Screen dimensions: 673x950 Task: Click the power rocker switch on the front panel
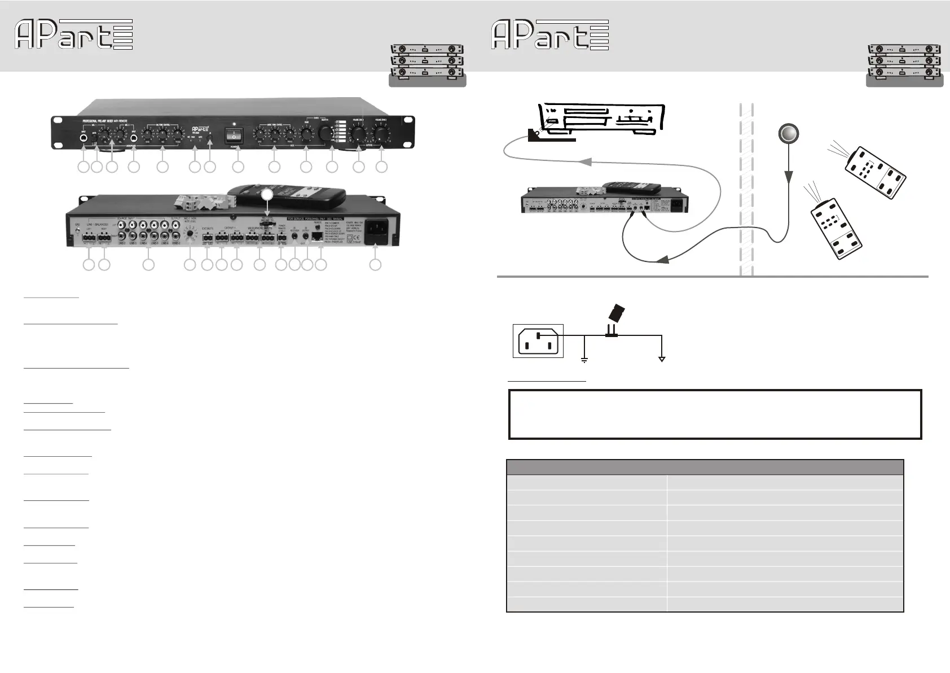pyautogui.click(x=233, y=135)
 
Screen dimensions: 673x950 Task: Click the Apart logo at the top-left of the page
pyautogui.click(x=73, y=34)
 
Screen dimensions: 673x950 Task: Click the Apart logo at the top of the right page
pyautogui.click(x=550, y=34)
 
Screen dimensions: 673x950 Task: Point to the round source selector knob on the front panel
pyautogui.click(x=326, y=133)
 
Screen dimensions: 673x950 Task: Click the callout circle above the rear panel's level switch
pyautogui.click(x=267, y=194)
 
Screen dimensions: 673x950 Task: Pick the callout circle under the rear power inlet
pyautogui.click(x=375, y=264)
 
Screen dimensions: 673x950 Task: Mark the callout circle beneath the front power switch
pyautogui.click(x=238, y=167)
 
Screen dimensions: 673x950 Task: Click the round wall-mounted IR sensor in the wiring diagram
pyautogui.click(x=788, y=134)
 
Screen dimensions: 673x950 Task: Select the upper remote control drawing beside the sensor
pyautogui.click(x=874, y=172)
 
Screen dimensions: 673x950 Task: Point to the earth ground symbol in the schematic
pyautogui.click(x=584, y=359)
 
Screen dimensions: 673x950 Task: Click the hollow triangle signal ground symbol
pyautogui.click(x=662, y=359)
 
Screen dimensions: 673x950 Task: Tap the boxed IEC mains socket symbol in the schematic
pyautogui.click(x=538, y=340)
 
